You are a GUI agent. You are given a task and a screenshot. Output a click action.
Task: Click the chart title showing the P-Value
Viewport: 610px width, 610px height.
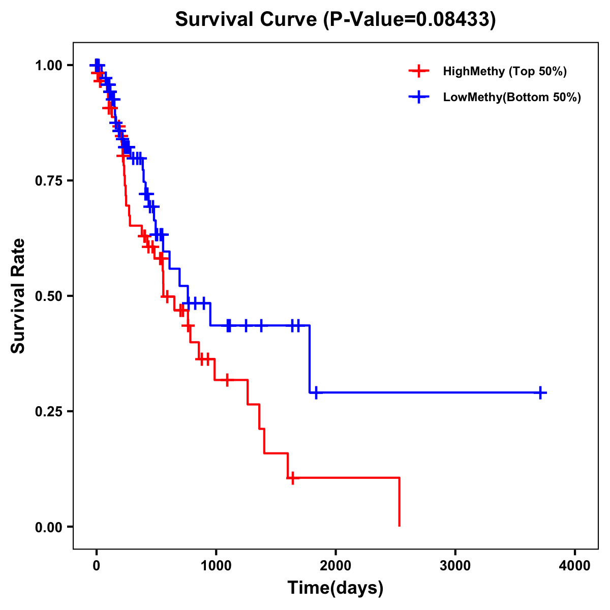pos(335,19)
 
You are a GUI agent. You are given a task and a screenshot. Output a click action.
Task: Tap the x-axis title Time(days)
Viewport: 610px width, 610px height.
pos(335,588)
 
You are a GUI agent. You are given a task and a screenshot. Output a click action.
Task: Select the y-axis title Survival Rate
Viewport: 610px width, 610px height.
pos(18,296)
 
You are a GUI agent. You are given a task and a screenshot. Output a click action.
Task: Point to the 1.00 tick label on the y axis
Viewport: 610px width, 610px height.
pos(48,66)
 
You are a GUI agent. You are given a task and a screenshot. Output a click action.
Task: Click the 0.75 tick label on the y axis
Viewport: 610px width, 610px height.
pos(48,181)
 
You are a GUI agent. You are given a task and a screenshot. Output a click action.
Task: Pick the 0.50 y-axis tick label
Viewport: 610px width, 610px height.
pos(48,296)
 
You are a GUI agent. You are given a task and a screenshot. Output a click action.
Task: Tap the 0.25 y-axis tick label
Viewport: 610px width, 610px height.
pos(48,412)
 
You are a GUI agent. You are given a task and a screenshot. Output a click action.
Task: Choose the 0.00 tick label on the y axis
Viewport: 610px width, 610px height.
pos(48,527)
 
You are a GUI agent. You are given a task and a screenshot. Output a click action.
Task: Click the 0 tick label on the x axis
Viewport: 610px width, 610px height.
pos(96,565)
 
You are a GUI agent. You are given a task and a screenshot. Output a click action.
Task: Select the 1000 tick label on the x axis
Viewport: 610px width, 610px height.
pos(216,565)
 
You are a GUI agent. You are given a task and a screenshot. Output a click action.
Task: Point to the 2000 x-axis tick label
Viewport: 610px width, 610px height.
pos(335,565)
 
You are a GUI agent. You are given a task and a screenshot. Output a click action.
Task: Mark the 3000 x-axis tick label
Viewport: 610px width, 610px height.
pos(455,565)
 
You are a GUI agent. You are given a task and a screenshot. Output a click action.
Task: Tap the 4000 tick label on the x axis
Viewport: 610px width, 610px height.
pos(575,565)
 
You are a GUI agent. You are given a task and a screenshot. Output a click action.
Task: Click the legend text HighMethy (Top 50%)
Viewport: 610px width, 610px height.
pos(504,71)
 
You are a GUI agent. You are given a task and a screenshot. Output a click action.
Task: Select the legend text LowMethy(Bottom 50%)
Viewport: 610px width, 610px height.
pos(512,97)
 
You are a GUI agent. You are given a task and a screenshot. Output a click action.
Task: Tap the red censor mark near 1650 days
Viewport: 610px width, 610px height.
pos(292,478)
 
